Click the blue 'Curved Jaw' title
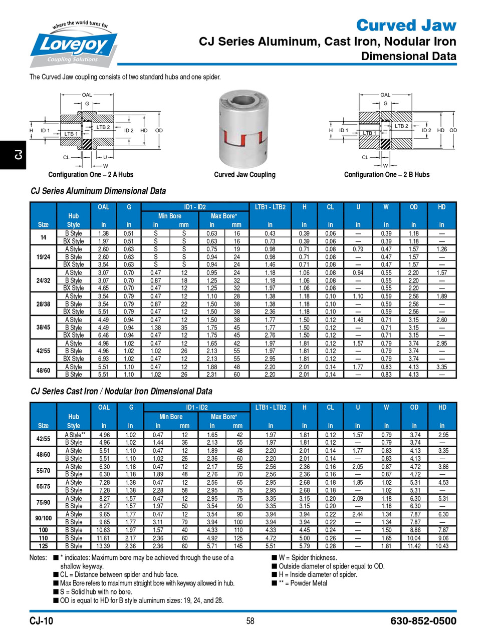coord(406,25)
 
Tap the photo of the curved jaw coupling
coord(244,130)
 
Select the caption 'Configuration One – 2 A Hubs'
coord(91,175)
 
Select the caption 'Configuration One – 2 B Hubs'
coord(386,175)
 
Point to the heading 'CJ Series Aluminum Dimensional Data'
coord(98,191)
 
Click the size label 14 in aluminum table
coord(43,237)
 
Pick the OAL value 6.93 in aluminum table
coord(103,359)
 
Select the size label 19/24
coord(43,257)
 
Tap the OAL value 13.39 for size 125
coord(104,546)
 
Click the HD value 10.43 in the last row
coord(442,546)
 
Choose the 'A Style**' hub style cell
coord(75,435)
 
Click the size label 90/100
coord(43,518)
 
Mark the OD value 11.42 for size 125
coord(414,546)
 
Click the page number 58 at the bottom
coord(250,621)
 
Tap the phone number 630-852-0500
coord(423,621)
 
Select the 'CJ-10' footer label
coord(41,621)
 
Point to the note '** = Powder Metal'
coord(303,583)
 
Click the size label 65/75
coord(43,486)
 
